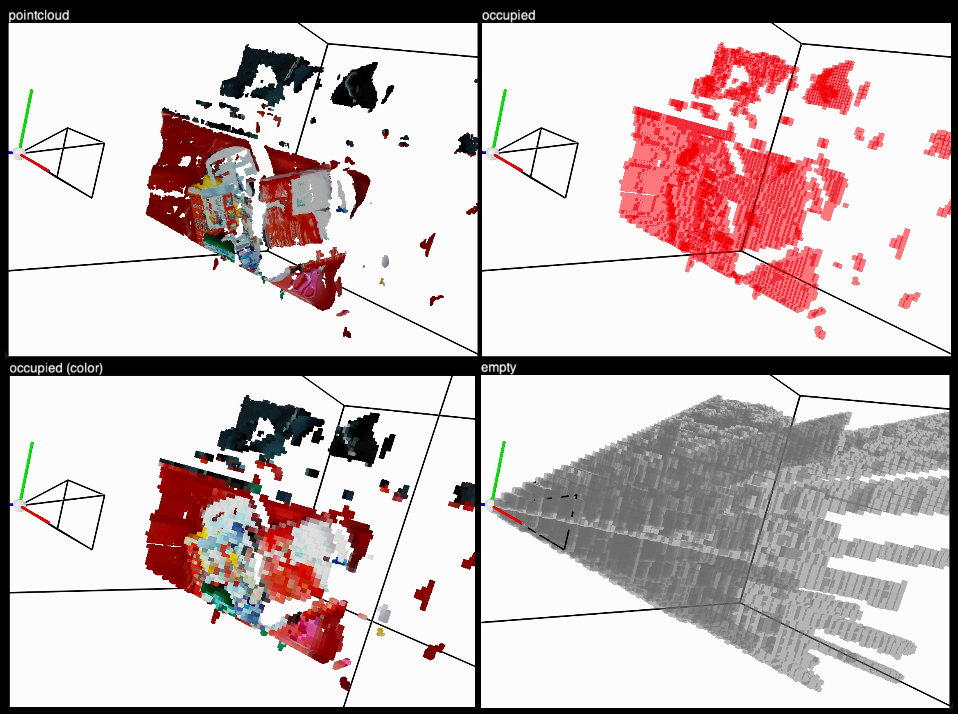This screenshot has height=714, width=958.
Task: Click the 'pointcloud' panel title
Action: coord(39,15)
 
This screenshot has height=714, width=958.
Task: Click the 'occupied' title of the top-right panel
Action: coord(508,15)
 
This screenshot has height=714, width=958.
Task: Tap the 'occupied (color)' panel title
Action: coord(56,368)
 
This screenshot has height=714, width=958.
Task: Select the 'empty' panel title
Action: coord(498,368)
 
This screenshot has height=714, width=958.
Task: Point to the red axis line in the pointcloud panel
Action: coord(35,164)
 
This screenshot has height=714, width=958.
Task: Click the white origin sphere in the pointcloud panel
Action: coord(19,153)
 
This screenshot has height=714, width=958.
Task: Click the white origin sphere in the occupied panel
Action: coord(492,153)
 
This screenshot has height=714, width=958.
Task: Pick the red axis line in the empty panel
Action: coord(507,515)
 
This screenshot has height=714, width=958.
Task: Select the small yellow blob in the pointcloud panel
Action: coord(382,282)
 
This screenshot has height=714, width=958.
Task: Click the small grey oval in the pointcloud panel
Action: coord(385,261)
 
